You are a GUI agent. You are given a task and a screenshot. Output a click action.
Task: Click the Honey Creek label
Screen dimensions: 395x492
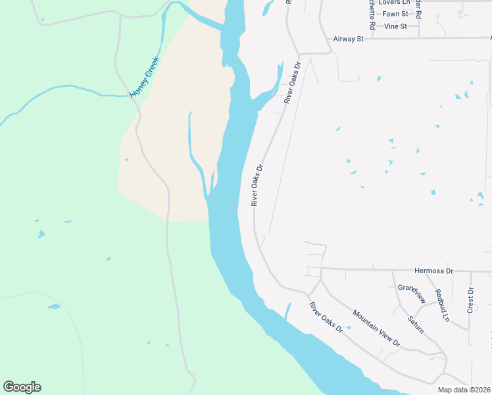tap(140, 78)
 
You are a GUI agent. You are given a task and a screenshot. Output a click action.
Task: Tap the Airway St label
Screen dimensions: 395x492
tap(349, 39)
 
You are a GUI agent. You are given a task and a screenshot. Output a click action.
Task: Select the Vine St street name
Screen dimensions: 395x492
tap(395, 26)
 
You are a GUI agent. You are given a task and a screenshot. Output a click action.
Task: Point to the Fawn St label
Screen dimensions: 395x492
tap(395, 14)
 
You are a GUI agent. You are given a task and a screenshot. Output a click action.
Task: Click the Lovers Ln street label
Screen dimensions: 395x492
tap(394, 3)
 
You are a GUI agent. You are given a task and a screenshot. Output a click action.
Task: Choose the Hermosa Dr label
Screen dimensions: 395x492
tap(434, 271)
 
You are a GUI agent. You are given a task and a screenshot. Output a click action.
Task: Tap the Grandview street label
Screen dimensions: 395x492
tap(412, 294)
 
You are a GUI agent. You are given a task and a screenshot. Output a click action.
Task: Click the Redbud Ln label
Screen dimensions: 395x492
tap(441, 305)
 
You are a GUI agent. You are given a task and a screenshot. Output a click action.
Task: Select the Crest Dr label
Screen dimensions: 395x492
tap(470, 300)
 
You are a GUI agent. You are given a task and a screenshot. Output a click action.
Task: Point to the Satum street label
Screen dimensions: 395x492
tap(416, 324)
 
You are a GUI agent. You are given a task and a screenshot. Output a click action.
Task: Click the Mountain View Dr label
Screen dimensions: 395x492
tap(376, 328)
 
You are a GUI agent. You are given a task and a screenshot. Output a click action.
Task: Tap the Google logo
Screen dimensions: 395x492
tap(22, 387)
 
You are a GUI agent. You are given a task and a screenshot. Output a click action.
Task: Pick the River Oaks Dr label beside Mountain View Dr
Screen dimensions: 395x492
tap(326, 317)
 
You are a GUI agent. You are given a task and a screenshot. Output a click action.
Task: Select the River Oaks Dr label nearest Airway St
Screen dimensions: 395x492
tap(291, 83)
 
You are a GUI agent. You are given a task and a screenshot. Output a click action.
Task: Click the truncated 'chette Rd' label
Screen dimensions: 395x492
tap(372, 14)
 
